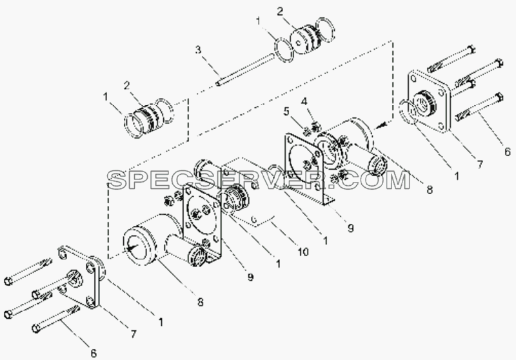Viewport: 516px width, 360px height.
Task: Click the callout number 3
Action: coord(198,50)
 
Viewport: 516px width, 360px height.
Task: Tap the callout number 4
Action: coord(304,102)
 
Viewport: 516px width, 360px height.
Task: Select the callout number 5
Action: coord(287,112)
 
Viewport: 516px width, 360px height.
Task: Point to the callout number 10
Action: coord(303,252)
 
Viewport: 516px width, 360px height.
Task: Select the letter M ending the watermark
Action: coord(397,180)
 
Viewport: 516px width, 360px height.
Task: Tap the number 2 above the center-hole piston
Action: coord(280,12)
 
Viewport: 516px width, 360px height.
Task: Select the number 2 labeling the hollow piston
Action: coord(126,86)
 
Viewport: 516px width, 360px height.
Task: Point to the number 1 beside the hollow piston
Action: coord(105,97)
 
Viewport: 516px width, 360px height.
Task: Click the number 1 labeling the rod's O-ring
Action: coord(259,22)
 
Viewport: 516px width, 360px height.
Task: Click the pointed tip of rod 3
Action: coord(217,84)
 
